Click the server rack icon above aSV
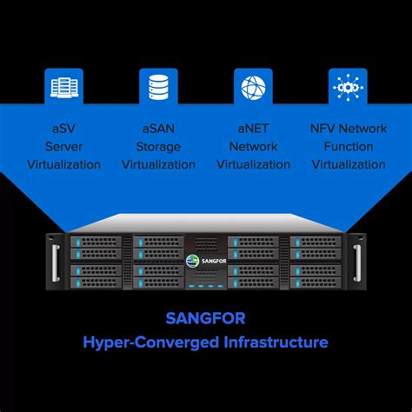coord(63,88)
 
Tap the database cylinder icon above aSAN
coord(159,88)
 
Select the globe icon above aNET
coord(254,88)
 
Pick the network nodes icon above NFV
coord(349,88)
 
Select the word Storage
coord(158,147)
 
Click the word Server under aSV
coord(63,147)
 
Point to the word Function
coord(349,147)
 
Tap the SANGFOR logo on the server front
coord(205,258)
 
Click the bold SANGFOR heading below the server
coord(205,317)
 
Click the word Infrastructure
coord(274,342)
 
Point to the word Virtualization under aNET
coord(253,164)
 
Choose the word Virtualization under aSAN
coord(158,164)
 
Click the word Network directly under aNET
coord(253,147)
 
